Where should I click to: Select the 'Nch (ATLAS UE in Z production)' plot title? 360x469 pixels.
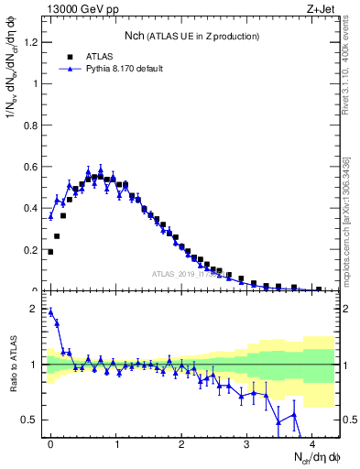[x=191, y=36]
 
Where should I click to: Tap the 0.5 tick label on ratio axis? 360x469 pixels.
[x=28, y=420]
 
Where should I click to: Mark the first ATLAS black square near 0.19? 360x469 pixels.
[x=50, y=251]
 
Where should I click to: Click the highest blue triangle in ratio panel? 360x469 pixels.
[x=50, y=311]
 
